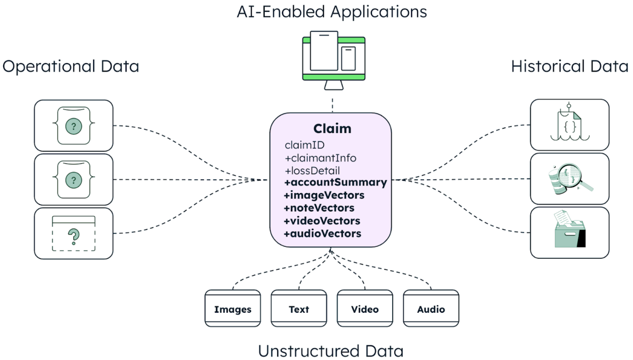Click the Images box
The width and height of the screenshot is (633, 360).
233,309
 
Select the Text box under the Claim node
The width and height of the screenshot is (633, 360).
299,309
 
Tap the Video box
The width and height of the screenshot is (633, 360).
365,309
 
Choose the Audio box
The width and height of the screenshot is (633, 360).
431,309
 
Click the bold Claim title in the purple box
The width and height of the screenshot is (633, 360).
332,129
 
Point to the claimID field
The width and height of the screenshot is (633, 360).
304,145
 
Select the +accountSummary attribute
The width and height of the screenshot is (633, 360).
335,182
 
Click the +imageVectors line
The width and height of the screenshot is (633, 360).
324,195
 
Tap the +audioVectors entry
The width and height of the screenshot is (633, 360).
322,234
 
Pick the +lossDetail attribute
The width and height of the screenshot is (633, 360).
312,170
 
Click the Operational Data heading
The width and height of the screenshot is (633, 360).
71,66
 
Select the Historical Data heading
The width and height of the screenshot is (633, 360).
569,66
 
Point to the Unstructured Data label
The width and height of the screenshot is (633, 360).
331,351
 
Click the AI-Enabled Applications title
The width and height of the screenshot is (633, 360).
332,12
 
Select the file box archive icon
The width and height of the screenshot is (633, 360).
570,230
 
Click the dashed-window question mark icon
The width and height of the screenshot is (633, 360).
74,234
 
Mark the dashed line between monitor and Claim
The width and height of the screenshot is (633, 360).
332,105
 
